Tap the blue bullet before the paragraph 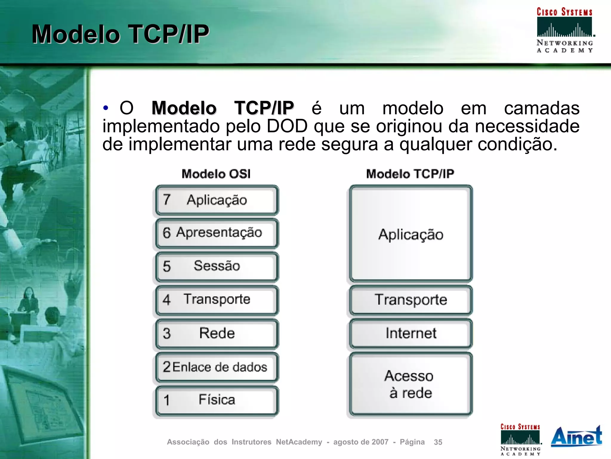coord(106,108)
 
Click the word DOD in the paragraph coord(287,126)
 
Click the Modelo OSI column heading coord(216,174)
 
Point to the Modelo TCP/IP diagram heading coord(410,174)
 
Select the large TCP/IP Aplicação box coord(411,234)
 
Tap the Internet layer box coord(411,333)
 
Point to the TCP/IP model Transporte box coord(411,300)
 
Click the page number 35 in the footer coord(438,442)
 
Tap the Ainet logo coord(576,437)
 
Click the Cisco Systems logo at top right coord(564,30)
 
